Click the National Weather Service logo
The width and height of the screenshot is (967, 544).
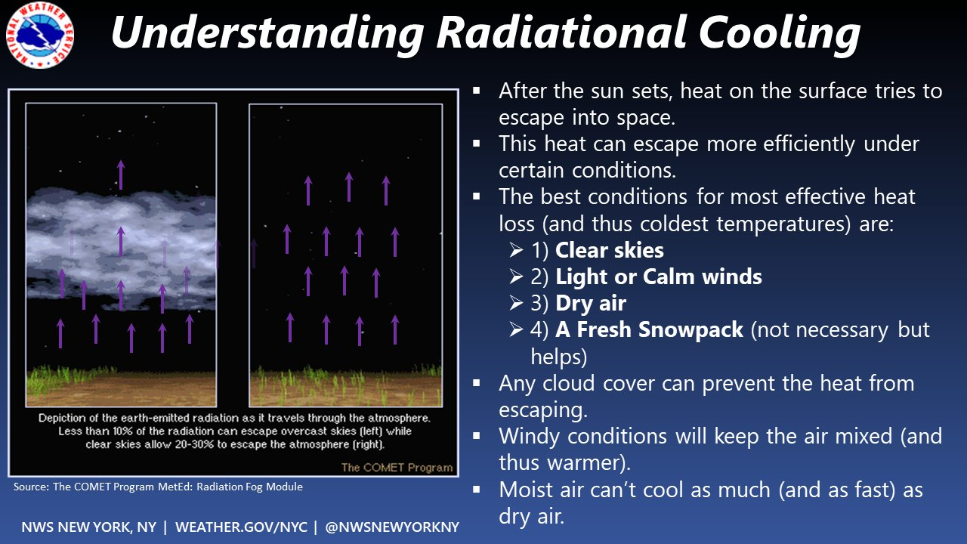[x=40, y=35]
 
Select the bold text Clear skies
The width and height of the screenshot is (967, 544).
[x=609, y=250]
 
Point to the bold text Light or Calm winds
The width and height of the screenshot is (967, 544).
[x=658, y=277]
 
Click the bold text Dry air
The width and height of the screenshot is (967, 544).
[x=591, y=303]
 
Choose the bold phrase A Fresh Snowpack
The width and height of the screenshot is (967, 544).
[x=649, y=329]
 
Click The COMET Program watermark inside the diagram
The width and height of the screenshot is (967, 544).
[x=397, y=467]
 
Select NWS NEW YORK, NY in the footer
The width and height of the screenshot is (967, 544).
[x=89, y=527]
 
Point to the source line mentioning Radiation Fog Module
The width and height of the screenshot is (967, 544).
[x=158, y=487]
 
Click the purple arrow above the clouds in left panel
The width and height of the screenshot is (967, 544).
[x=120, y=175]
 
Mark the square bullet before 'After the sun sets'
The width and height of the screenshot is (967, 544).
[x=477, y=90]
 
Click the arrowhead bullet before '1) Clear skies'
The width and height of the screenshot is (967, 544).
[x=516, y=251]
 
